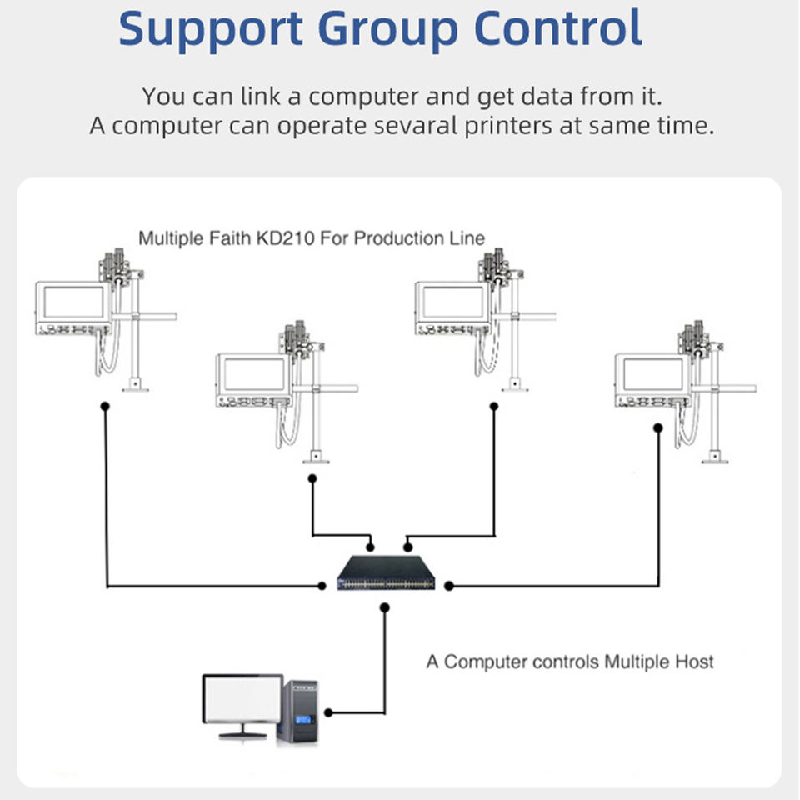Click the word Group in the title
[x=389, y=30]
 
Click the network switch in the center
[x=386, y=572]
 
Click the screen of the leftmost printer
[x=73, y=302]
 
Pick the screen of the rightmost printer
[x=653, y=373]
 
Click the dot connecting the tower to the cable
[x=329, y=712]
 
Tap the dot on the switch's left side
[x=322, y=587]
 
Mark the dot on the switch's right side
[x=449, y=587]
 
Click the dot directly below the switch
[x=384, y=607]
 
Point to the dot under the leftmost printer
[x=105, y=406]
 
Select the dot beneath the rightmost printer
[x=658, y=427]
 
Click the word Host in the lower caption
[x=694, y=662]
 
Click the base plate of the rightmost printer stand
[x=713, y=457]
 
